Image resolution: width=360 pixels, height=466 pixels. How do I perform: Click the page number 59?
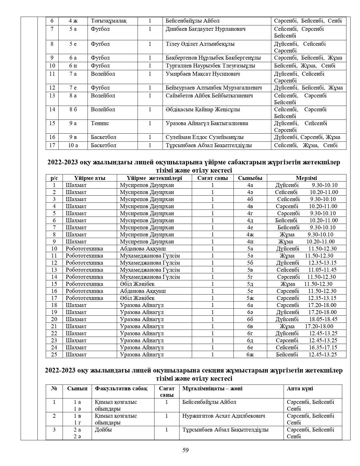click(x=186, y=450)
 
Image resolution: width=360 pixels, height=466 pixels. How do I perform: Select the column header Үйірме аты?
click(x=90, y=178)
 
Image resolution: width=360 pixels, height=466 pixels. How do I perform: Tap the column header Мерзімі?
click(x=306, y=178)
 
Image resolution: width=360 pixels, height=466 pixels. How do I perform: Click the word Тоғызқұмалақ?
click(x=109, y=21)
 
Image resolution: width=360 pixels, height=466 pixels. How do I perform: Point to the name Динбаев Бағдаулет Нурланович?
click(x=205, y=29)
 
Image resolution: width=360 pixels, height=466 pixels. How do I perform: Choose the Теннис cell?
click(x=100, y=123)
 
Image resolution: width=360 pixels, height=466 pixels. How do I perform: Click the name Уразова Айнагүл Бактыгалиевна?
click(x=207, y=123)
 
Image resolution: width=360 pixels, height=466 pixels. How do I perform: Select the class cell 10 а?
click(x=73, y=145)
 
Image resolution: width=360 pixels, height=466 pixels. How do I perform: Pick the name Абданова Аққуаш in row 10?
click(x=143, y=249)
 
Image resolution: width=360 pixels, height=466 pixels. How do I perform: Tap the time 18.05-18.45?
click(x=323, y=319)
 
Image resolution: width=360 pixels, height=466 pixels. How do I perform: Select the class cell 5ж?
click(x=250, y=298)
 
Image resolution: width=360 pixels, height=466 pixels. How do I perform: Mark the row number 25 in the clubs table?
click(x=54, y=354)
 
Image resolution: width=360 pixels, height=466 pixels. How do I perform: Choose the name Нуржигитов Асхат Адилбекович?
click(x=224, y=416)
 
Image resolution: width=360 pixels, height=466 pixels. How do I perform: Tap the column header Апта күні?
click(x=300, y=389)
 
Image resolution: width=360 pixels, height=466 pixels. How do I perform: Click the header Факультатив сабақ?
click(x=121, y=389)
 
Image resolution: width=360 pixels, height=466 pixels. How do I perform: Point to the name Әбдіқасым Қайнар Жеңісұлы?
click(x=203, y=110)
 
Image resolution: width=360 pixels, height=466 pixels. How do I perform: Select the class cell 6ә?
click(x=250, y=312)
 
